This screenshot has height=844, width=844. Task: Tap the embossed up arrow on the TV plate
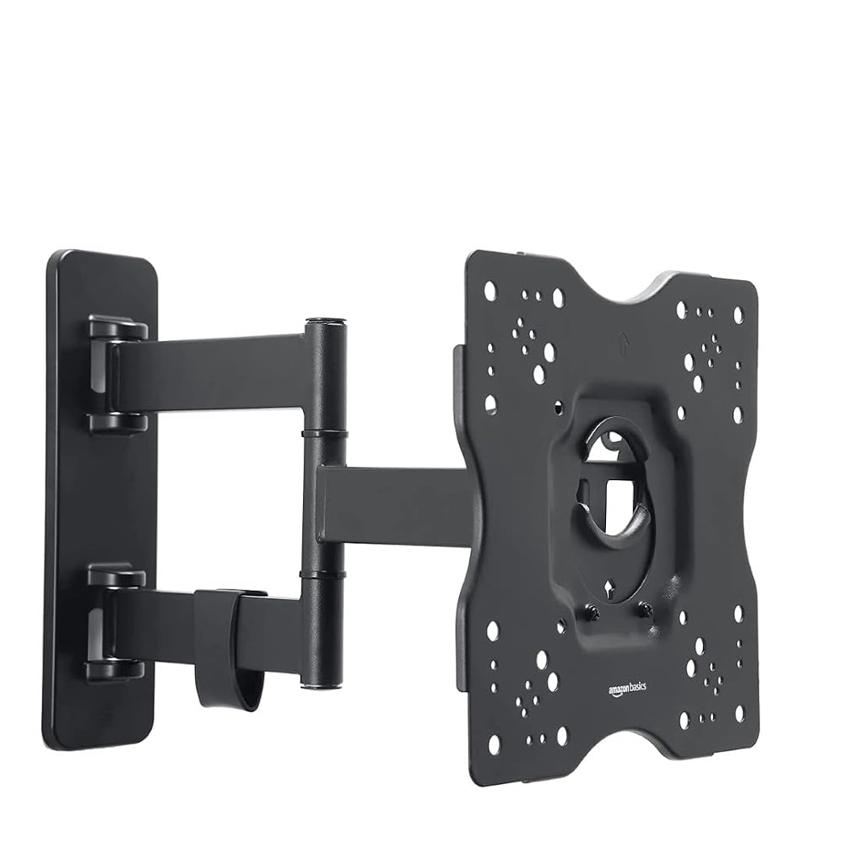(x=624, y=343)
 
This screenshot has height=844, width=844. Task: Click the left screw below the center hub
(x=592, y=612)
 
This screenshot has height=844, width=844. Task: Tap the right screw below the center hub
(x=646, y=609)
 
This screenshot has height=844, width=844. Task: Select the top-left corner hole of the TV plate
(x=490, y=291)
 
